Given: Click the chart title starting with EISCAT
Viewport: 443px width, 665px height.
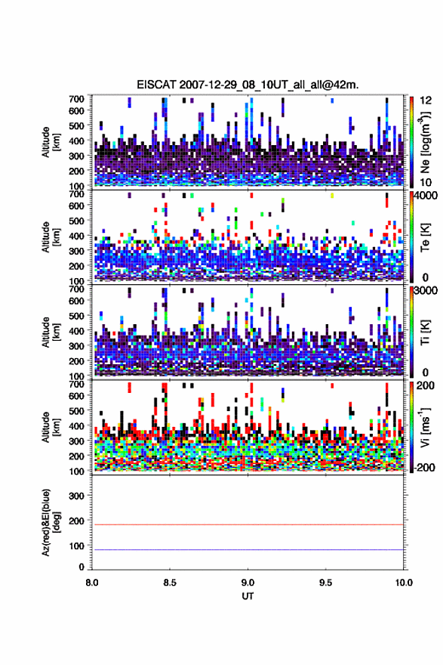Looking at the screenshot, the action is [248, 85].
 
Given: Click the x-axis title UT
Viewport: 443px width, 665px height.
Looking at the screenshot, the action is [248, 596].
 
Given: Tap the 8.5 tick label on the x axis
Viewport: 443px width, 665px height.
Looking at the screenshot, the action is [170, 583].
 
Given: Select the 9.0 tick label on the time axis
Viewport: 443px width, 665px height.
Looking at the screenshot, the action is [248, 583].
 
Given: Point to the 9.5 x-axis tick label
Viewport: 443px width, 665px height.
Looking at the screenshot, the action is [326, 583].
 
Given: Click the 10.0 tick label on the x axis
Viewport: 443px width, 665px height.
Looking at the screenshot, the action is [403, 583].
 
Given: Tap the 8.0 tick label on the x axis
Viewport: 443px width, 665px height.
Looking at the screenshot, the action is [92, 583].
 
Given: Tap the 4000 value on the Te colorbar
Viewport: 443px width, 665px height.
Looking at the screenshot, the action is [424, 196].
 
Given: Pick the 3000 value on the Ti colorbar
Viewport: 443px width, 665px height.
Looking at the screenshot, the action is [424, 291].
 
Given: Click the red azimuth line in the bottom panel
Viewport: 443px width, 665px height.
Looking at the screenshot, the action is [248, 524].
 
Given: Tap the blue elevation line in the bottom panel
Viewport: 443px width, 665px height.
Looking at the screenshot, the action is [248, 549].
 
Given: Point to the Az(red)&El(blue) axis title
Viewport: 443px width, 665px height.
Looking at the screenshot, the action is [51, 522].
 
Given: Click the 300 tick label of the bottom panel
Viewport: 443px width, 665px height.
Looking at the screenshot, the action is [77, 496].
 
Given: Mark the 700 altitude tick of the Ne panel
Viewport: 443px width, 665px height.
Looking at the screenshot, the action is [77, 99].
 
